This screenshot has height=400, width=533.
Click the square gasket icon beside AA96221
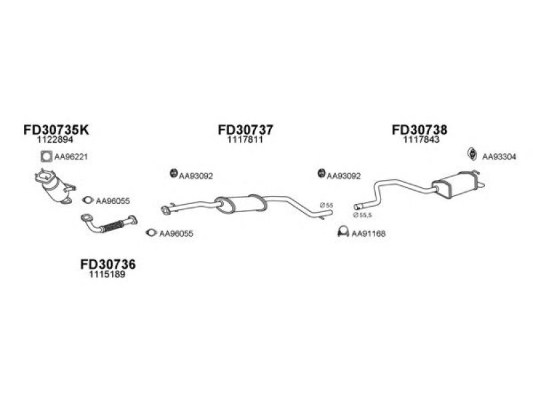coord(46,157)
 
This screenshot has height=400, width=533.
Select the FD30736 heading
coord(107,265)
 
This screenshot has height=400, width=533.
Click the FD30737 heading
coord(245,129)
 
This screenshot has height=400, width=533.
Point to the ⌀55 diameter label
coord(326,205)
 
